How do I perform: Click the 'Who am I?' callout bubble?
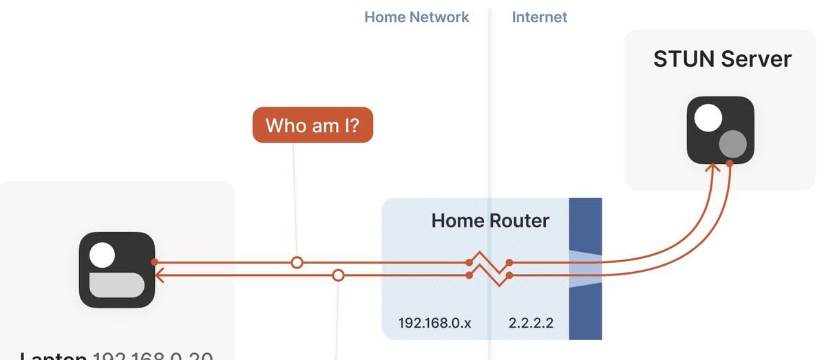pos(313,125)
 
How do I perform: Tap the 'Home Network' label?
pos(416,17)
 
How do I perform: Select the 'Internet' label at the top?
pos(540,17)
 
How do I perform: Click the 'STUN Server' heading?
pos(722,59)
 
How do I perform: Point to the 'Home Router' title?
pos(490,221)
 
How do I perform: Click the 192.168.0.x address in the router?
pos(434,323)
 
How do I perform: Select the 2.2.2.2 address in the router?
pos(531,323)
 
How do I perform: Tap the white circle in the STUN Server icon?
pos(708,118)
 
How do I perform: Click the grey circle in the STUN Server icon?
pos(733,144)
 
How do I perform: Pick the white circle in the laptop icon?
pos(102,255)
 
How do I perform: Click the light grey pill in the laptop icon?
pos(117,285)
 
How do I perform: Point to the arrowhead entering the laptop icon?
pos(160,275)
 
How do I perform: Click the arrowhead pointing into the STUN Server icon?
pos(713,165)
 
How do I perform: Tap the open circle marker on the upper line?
pos(297,262)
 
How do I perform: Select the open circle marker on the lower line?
pos(338,275)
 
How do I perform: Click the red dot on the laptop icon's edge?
pos(155,262)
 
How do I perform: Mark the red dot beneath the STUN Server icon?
pos(730,162)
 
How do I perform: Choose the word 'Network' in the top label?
pos(441,17)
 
